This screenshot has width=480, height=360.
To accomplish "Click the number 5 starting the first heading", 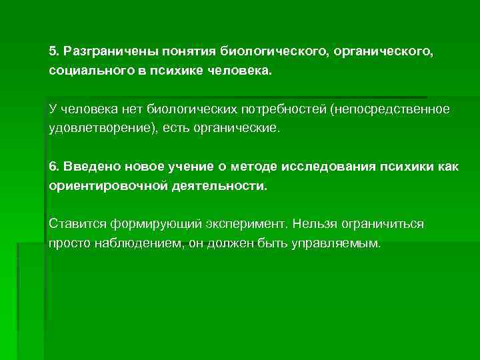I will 52,51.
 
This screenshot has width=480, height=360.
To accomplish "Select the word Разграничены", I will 101,51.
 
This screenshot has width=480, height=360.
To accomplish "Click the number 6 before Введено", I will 52,166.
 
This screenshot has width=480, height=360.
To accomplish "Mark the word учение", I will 187,166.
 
